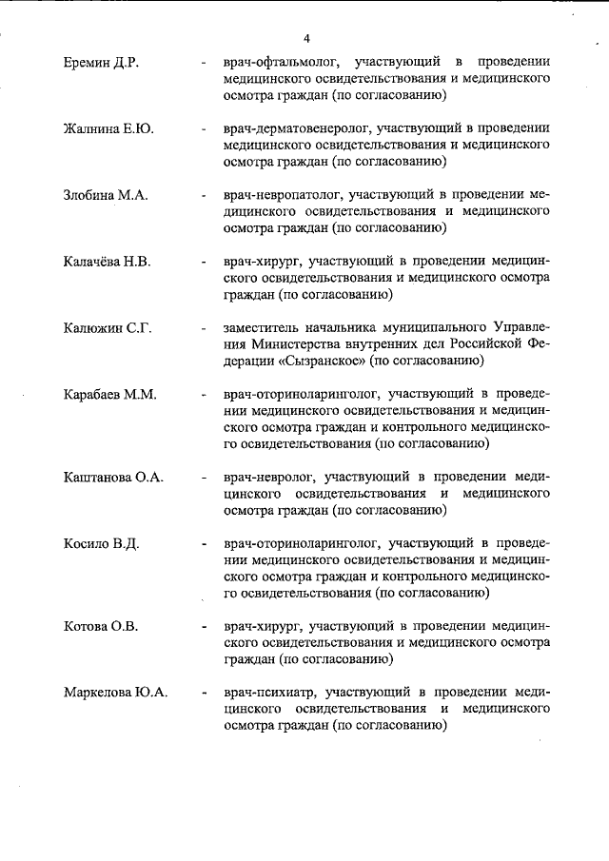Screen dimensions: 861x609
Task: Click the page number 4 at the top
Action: pyautogui.click(x=306, y=38)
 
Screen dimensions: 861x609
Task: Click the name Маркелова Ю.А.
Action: pyautogui.click(x=115, y=693)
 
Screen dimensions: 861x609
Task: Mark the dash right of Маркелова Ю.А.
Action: pyautogui.click(x=205, y=693)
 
